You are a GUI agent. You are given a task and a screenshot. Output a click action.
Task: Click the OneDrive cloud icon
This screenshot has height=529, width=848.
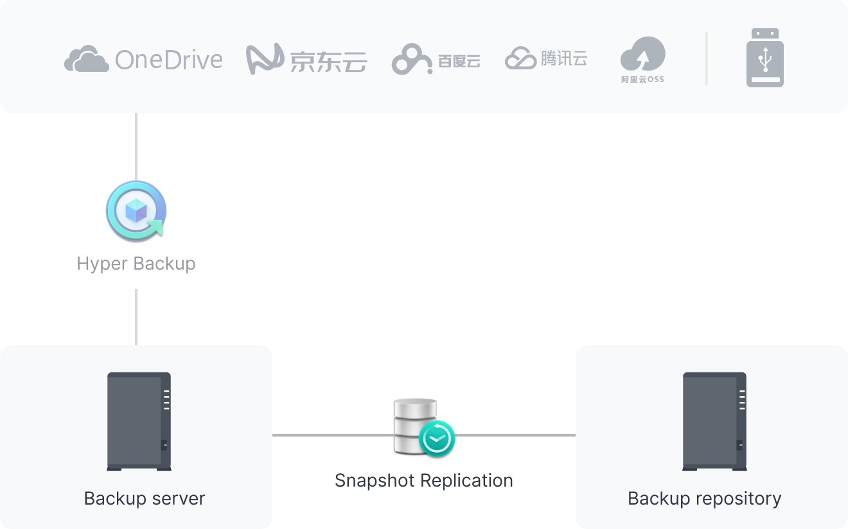85,60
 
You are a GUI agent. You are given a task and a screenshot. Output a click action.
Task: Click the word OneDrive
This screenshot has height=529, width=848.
169,60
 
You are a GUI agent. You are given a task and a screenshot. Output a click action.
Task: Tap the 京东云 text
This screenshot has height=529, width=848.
328,62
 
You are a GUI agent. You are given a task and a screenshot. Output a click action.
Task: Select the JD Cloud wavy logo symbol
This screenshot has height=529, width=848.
265,59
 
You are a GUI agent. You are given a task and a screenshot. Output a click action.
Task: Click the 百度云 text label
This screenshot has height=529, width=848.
459,61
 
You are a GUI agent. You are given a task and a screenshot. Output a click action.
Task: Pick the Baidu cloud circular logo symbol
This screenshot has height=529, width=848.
411,60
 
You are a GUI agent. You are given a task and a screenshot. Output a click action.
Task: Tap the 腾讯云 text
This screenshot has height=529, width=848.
564,59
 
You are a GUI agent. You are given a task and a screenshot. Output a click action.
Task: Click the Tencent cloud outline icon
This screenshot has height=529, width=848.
520,59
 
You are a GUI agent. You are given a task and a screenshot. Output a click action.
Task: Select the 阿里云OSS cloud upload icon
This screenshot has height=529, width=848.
642,54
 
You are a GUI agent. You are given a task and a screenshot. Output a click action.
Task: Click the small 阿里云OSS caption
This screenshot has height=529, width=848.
642,80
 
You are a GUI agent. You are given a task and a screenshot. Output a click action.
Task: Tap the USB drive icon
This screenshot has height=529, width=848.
764,58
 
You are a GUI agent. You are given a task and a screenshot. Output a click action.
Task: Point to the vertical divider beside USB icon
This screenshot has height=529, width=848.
707,58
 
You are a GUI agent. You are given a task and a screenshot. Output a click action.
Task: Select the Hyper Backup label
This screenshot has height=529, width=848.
136,263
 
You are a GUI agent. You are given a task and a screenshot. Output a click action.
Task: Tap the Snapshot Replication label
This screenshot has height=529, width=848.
424,480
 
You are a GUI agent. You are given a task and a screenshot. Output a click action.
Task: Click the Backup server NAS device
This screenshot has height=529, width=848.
139,421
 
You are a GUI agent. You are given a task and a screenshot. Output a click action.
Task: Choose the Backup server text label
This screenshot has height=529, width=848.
145,499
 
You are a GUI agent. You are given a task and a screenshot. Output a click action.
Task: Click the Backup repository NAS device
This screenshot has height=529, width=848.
714,421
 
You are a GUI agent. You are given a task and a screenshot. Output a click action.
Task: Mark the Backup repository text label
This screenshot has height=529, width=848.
705,499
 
